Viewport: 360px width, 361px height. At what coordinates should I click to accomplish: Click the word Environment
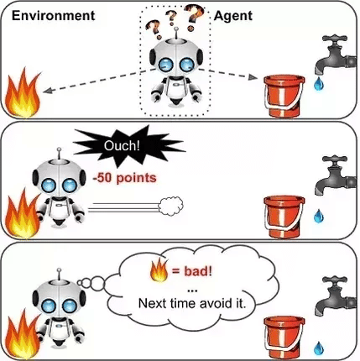point(54,16)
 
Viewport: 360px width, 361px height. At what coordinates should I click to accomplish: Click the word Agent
point(233,16)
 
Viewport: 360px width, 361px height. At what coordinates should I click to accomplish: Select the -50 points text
point(125,178)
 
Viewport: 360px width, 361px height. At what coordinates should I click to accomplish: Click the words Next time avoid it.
point(192,303)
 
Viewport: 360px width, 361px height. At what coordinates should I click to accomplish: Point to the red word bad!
point(198,271)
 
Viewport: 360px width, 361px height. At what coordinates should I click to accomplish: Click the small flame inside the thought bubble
point(159,269)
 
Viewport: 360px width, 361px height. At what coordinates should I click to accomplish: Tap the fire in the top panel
point(23,93)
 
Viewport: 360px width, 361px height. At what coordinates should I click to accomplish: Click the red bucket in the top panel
point(284,96)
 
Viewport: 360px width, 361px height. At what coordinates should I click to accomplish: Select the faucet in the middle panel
point(335,174)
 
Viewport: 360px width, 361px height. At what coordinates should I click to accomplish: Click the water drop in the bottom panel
point(319,348)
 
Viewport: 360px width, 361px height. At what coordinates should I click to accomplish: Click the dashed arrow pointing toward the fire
point(99,81)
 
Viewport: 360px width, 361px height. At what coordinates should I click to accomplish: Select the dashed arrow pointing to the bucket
point(228,74)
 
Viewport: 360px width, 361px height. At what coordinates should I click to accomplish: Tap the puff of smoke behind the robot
point(170,207)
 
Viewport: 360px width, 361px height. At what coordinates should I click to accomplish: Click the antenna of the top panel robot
point(176,33)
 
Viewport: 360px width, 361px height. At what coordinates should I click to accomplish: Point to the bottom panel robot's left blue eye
point(49,306)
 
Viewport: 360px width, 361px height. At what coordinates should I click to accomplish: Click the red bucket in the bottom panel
point(284,337)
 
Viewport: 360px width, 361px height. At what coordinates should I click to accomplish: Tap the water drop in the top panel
point(319,84)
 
